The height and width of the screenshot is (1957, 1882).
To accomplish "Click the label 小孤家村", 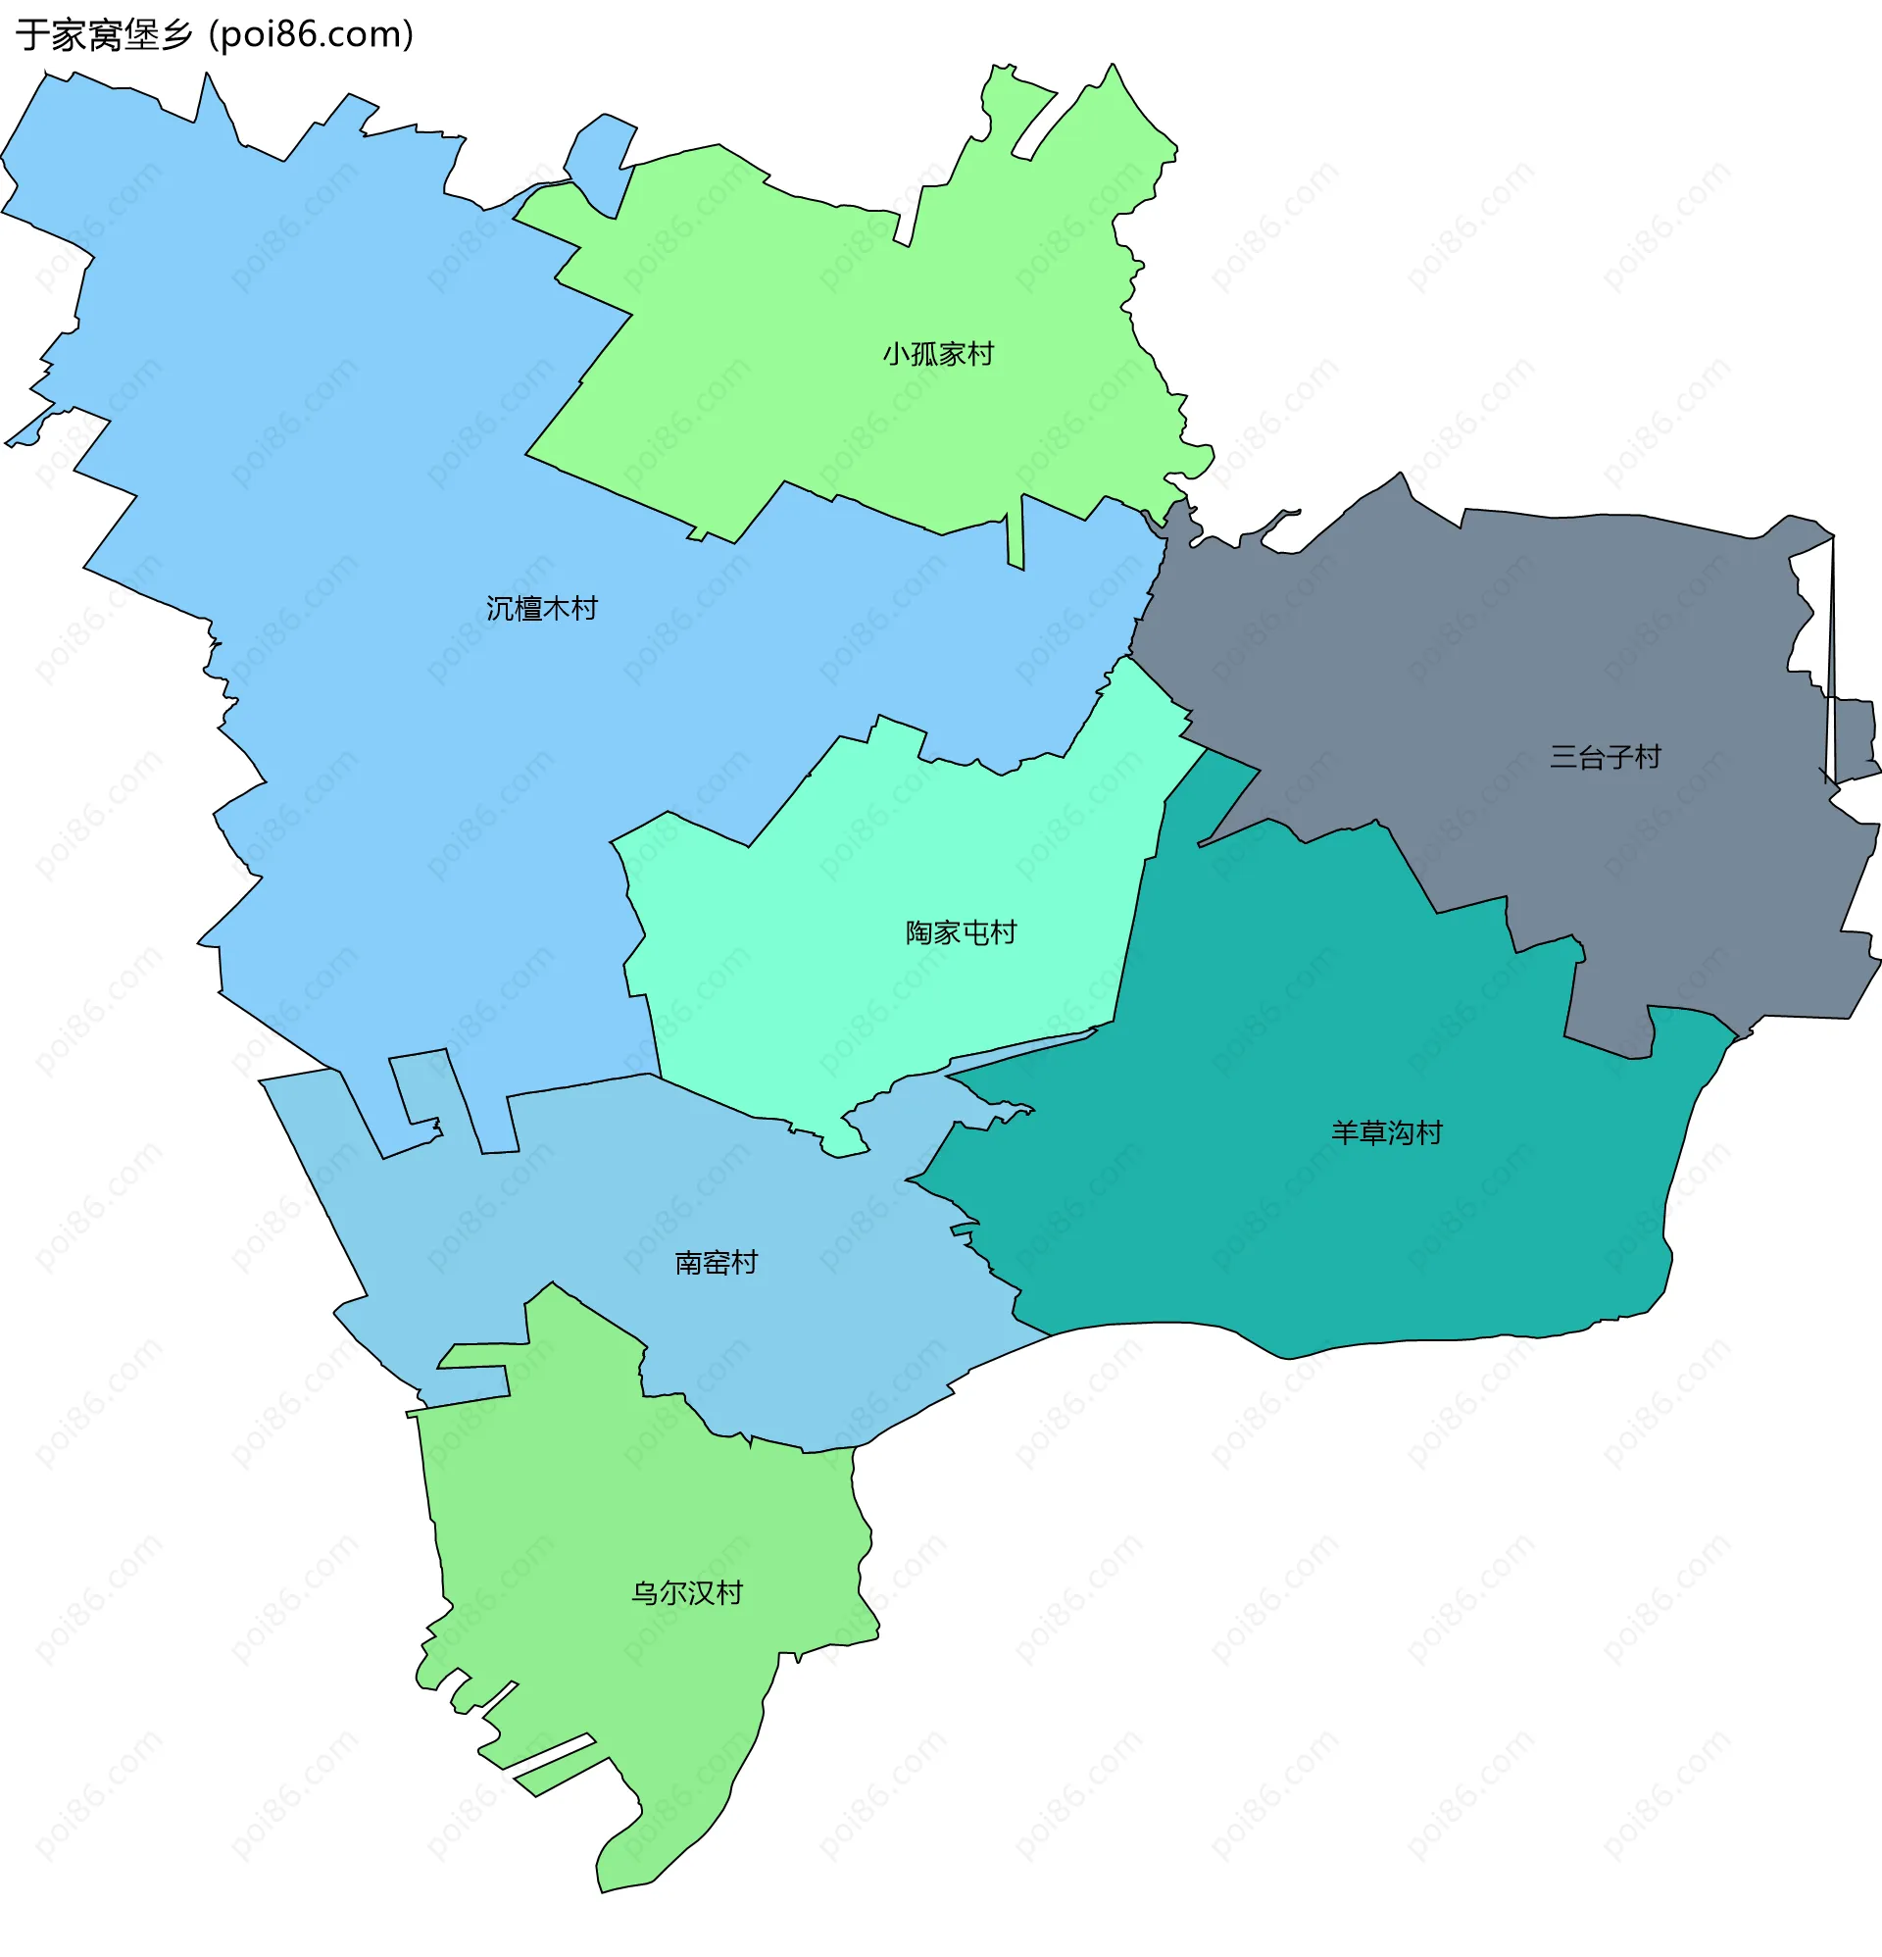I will tap(937, 355).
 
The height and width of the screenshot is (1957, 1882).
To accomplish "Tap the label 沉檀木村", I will tap(541, 609).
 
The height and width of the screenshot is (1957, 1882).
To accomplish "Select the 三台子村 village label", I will tap(1605, 757).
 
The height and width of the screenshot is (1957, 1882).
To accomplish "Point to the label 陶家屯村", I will tap(961, 932).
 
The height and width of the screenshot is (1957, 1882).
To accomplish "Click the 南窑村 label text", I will tap(716, 1263).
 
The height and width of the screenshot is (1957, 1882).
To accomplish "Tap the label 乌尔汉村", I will tap(687, 1592).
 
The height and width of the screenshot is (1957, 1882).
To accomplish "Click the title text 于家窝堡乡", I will tap(104, 35).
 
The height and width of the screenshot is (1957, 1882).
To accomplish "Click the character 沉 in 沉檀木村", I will tap(500, 609).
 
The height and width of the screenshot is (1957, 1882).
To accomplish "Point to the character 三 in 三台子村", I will tap(1563, 757).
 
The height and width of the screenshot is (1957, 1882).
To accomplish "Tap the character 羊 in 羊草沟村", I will tap(1345, 1132).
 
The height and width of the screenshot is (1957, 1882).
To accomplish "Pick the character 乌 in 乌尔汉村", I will tap(646, 1592).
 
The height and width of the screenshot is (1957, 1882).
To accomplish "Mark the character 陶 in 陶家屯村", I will tap(919, 932).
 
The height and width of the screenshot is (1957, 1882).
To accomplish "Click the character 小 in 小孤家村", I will tap(896, 355).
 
